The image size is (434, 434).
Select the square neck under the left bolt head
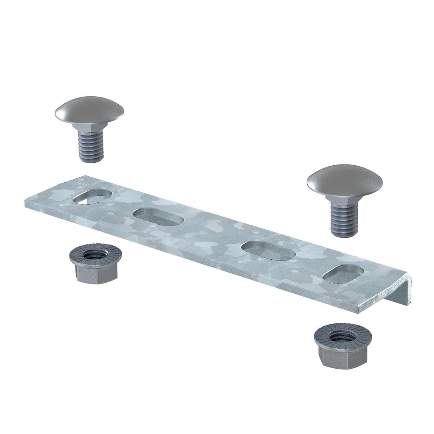point(89,128)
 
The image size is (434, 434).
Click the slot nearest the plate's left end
point(92,196)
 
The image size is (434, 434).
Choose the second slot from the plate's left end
point(158,217)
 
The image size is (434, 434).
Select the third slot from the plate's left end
point(268,250)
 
